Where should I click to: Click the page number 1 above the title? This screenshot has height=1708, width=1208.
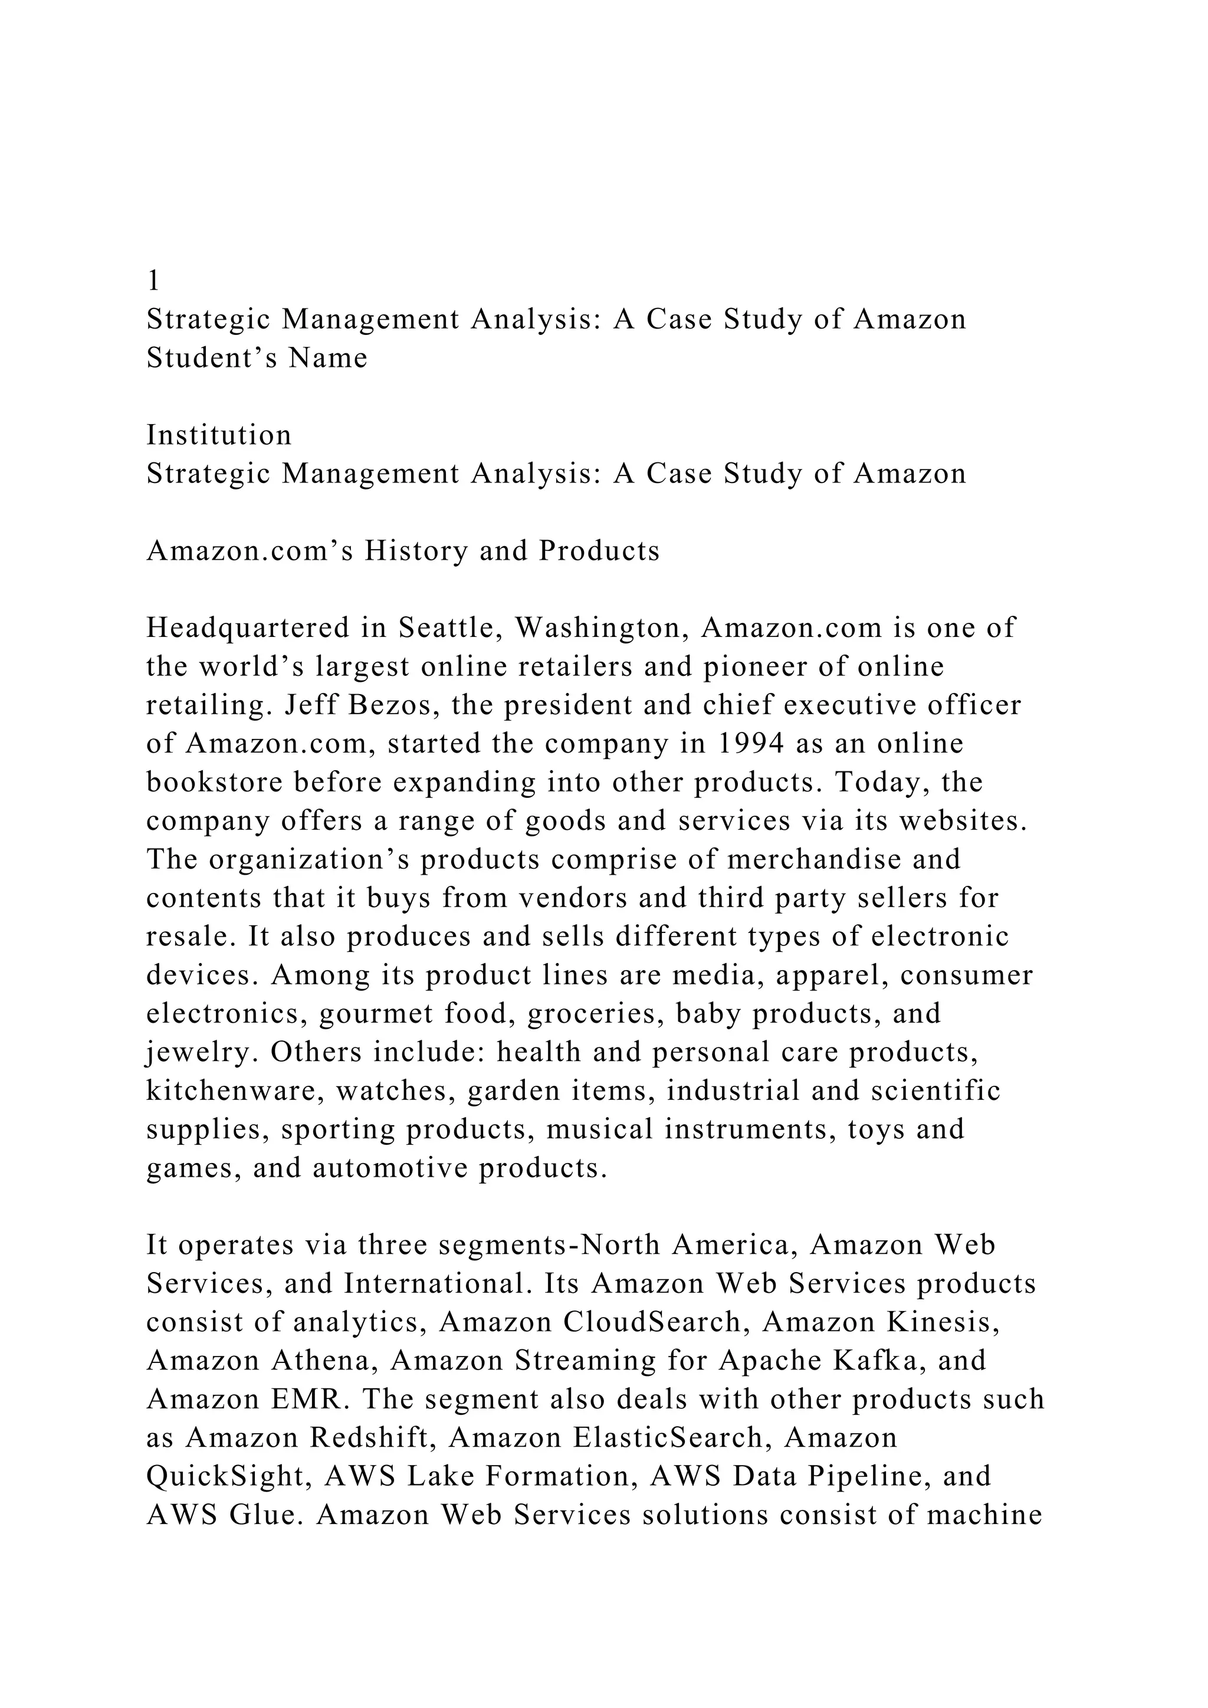(x=153, y=281)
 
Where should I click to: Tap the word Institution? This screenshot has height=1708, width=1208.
(x=219, y=435)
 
